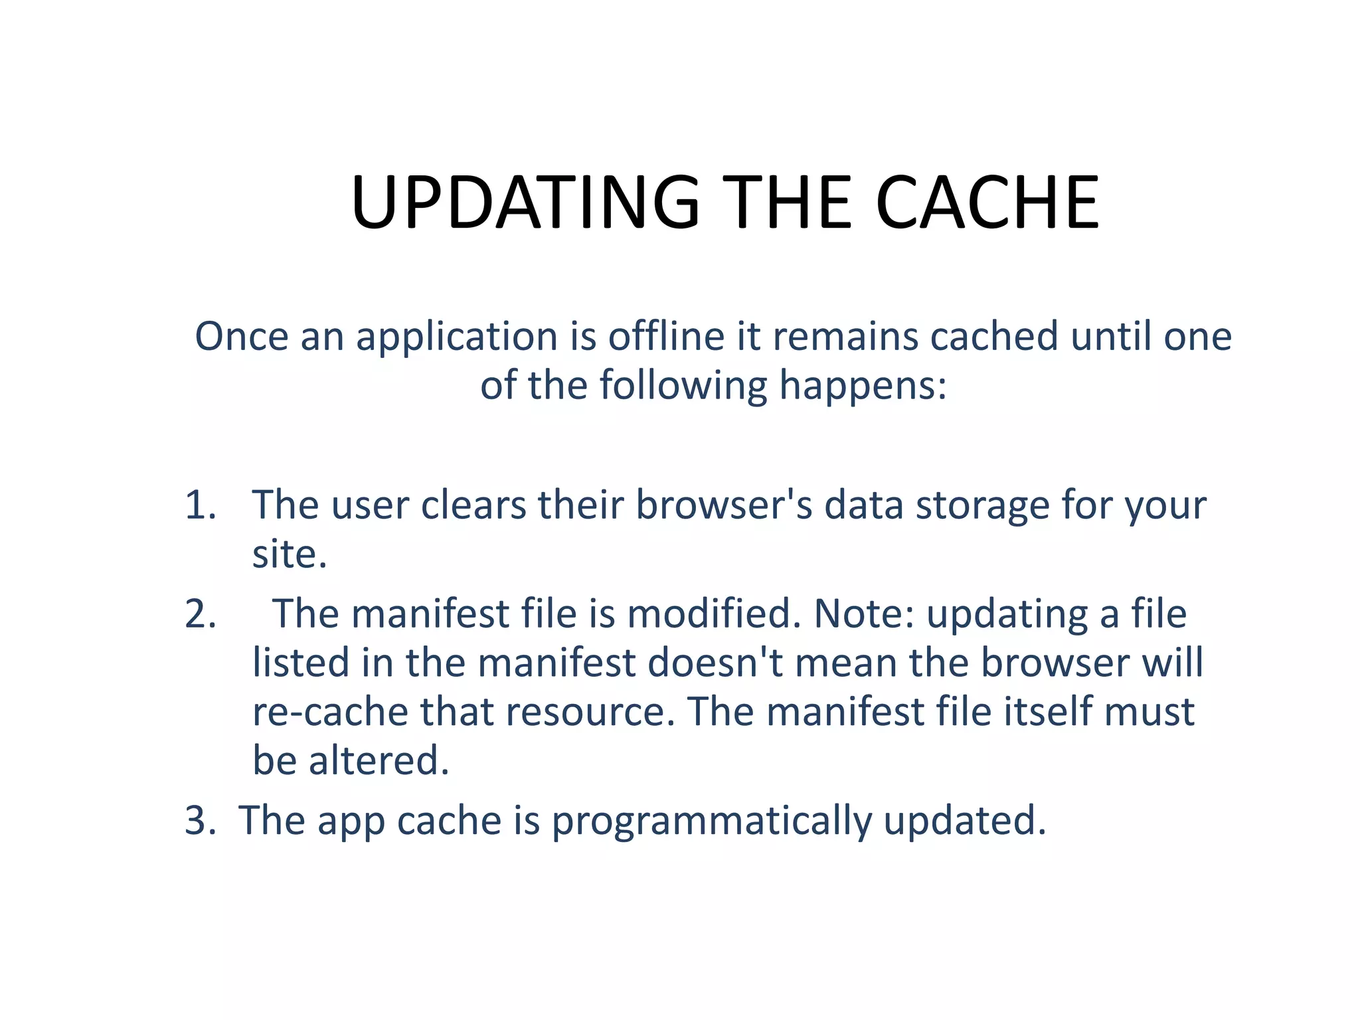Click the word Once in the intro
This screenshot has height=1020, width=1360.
click(x=242, y=336)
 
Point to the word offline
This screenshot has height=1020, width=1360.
click(x=666, y=336)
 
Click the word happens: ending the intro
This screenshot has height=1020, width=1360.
click(x=863, y=386)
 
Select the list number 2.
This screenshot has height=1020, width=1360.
click(x=201, y=614)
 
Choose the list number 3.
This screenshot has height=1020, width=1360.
click(x=201, y=820)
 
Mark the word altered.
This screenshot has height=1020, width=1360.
click(x=379, y=760)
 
